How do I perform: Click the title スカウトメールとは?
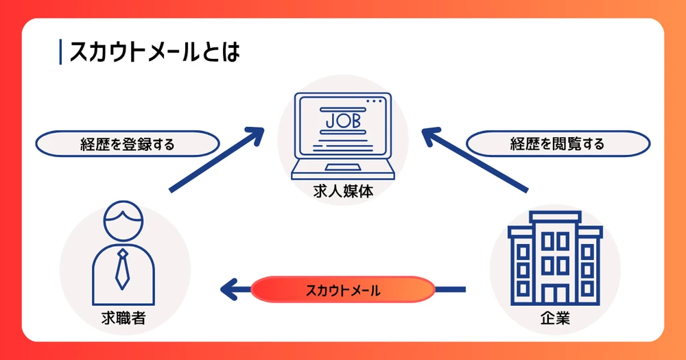tap(155, 52)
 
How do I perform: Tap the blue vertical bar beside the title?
tap(61, 52)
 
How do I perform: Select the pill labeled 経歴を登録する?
tap(127, 145)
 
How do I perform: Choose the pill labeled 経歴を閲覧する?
tap(557, 145)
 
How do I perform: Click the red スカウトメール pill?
tap(343, 289)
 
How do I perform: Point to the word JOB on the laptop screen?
tap(342, 121)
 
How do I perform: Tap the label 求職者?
tap(121, 318)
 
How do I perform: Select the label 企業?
tap(555, 318)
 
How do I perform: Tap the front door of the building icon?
tap(555, 292)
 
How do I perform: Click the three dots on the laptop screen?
tap(374, 101)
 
